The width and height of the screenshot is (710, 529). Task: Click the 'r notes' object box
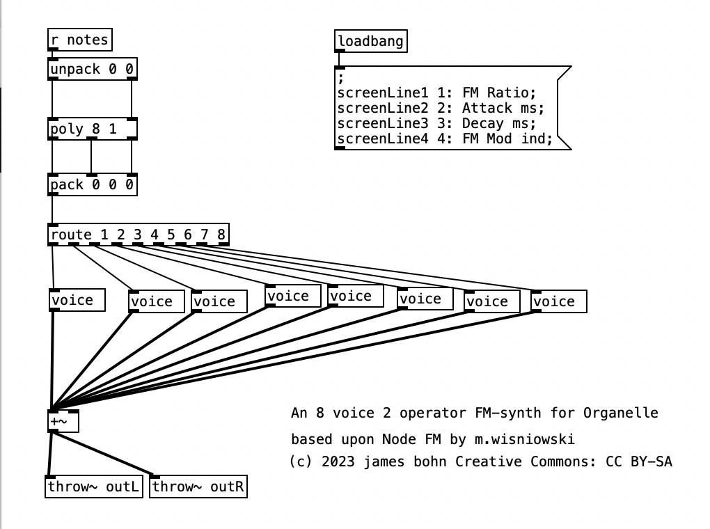point(80,40)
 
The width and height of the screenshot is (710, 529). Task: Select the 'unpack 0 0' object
point(93,70)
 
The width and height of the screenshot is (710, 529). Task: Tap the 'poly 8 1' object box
point(93,129)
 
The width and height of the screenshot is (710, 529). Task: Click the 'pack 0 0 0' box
point(93,185)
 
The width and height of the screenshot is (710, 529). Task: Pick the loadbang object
point(370,41)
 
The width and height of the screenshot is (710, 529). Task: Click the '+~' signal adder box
point(64,421)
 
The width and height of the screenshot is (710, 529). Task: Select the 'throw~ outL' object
point(93,487)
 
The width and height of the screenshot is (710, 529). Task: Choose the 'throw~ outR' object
point(198,487)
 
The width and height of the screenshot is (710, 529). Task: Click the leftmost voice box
point(77,300)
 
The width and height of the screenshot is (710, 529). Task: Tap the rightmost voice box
point(558,301)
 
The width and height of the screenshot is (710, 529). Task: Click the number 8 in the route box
point(221,235)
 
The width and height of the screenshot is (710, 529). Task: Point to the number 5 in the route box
point(171,235)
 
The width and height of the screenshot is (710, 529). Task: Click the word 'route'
point(71,235)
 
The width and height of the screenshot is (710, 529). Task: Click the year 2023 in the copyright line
point(337,461)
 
